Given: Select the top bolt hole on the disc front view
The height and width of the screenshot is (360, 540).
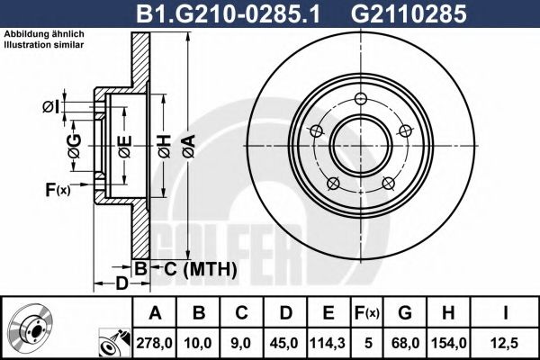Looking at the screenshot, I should [x=361, y=99].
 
